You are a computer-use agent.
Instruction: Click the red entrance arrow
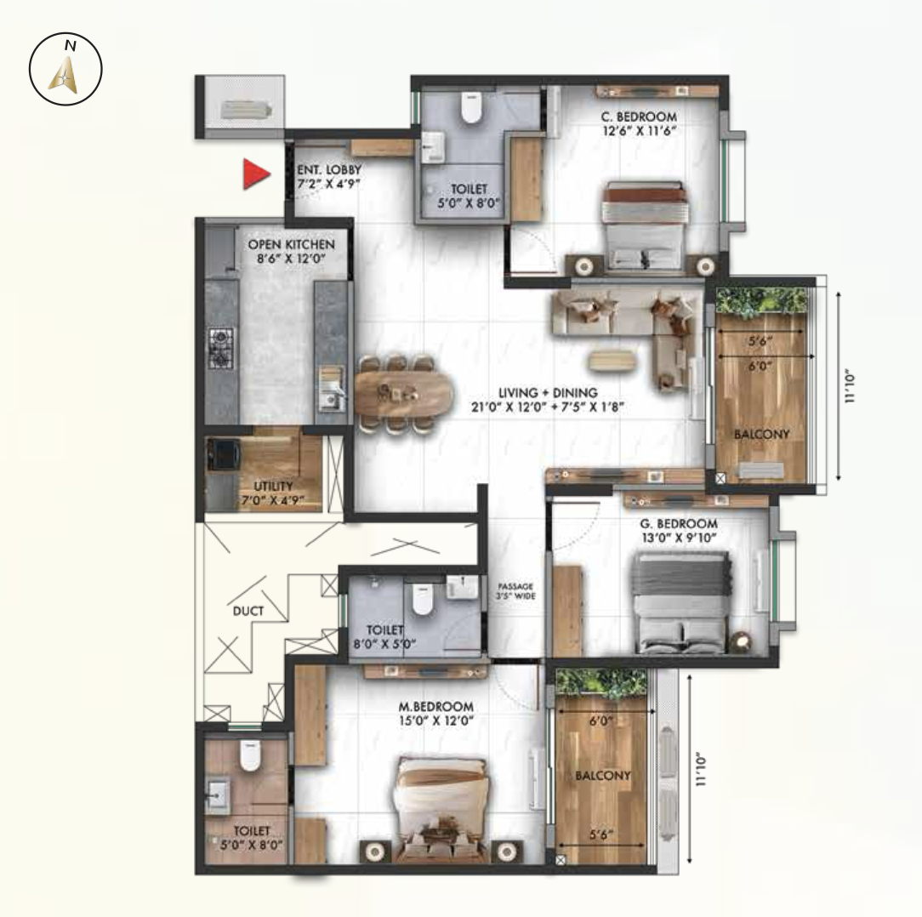[256, 174]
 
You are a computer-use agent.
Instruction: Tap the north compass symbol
[65, 69]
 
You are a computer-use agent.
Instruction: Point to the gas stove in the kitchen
[220, 348]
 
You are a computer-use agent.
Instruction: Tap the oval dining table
[404, 393]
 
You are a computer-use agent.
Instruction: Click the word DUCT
[248, 611]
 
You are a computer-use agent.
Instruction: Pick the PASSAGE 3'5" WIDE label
[515, 591]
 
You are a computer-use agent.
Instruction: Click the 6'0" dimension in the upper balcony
[760, 366]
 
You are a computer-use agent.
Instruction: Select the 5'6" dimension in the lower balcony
[601, 834]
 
